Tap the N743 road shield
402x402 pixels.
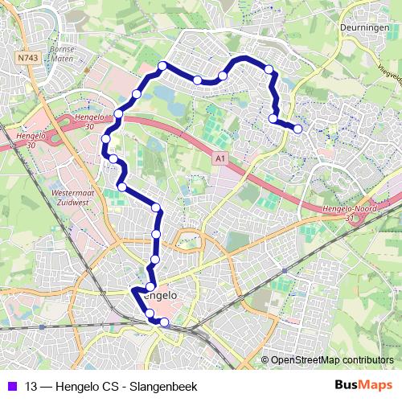(x=28, y=58)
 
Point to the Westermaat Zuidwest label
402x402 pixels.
(x=69, y=199)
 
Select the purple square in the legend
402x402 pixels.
(x=11, y=385)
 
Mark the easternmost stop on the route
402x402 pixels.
(x=298, y=129)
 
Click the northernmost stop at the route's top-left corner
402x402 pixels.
(x=162, y=66)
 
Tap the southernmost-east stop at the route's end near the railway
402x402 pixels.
(x=165, y=322)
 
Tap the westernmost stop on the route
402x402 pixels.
(x=105, y=140)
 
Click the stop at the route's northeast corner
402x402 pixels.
(x=268, y=69)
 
